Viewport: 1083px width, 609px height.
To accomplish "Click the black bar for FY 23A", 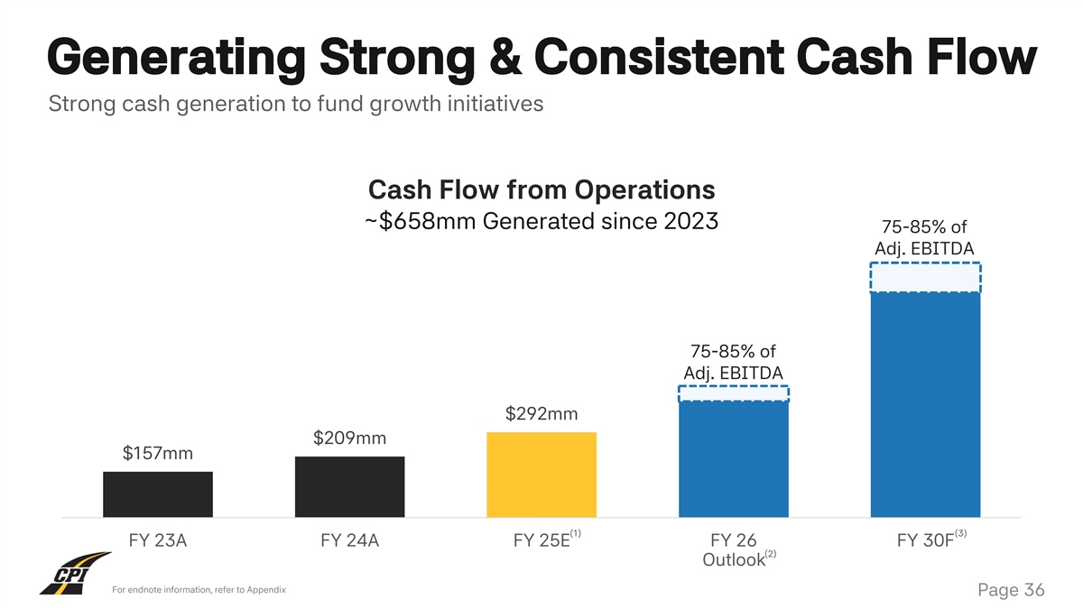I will coord(158,494).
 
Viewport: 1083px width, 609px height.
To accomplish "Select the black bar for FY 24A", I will coord(349,486).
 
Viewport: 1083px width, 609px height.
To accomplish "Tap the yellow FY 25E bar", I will coord(541,475).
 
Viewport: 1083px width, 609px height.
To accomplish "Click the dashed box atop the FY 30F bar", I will coord(925,277).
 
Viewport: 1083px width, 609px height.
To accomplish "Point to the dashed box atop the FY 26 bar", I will coord(733,392).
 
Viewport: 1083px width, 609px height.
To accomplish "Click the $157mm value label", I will coord(158,453).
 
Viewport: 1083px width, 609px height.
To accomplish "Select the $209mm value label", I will coord(349,438).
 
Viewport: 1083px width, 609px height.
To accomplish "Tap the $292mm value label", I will coord(541,414).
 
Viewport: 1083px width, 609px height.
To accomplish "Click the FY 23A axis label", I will coord(158,541).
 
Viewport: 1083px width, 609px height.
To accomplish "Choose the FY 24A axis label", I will coord(349,541).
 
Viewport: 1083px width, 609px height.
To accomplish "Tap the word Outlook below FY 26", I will coord(733,560).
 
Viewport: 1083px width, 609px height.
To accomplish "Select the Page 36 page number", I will coord(1010,590).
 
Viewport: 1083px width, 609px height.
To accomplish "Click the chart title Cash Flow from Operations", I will coord(541,190).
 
